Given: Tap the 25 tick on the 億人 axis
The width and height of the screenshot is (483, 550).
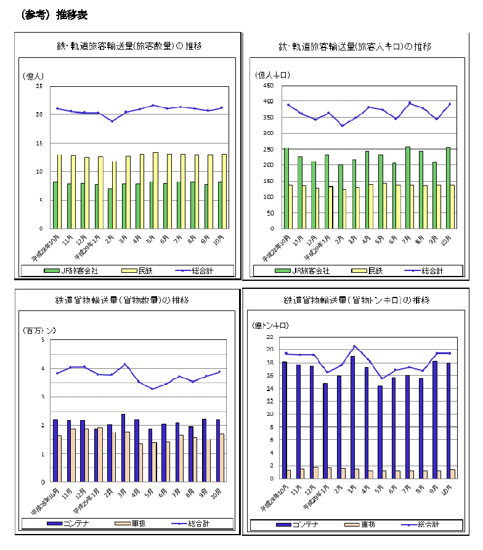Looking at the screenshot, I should click(x=39, y=86).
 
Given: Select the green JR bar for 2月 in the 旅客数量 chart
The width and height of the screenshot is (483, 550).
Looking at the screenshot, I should click(x=110, y=208).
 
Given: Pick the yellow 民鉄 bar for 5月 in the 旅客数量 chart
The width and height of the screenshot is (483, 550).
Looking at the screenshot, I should click(x=156, y=190).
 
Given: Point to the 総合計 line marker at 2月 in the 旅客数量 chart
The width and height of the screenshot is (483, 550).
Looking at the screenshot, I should click(x=112, y=121).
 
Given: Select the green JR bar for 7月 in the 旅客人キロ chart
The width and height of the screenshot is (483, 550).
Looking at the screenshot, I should click(x=407, y=187).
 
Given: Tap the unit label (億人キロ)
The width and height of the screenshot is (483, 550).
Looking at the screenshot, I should click(x=272, y=75).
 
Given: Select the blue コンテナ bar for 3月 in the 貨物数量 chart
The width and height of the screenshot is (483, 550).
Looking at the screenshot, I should click(x=123, y=448).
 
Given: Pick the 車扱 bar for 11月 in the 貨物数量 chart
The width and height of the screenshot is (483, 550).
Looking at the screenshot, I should click(x=73, y=455).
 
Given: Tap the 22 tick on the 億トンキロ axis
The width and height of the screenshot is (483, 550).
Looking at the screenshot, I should click(x=269, y=337).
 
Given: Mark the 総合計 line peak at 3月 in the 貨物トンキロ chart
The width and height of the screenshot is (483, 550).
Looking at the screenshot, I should click(x=354, y=346).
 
